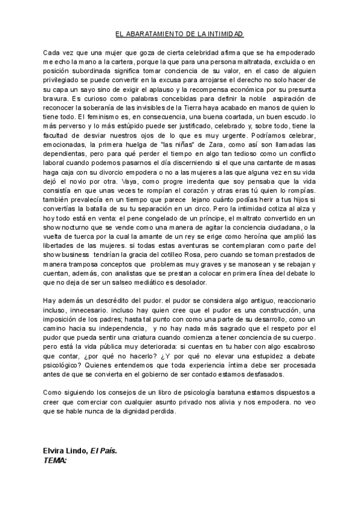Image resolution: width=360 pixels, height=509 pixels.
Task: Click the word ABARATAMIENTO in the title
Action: pos(157,35)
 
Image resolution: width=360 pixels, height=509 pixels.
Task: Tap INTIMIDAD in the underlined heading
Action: pos(226,35)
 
